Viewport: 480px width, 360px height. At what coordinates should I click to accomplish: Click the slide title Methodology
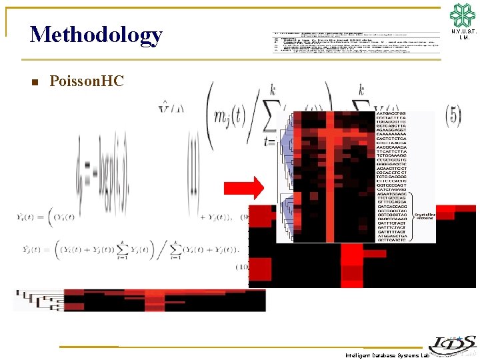click(x=96, y=35)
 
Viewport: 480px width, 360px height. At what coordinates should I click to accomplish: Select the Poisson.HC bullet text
click(x=87, y=81)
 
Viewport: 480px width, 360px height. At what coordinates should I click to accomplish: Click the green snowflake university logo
click(x=463, y=15)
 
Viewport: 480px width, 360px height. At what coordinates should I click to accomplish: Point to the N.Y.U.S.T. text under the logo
click(x=463, y=32)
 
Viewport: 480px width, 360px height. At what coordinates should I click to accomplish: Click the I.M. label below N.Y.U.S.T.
click(x=463, y=38)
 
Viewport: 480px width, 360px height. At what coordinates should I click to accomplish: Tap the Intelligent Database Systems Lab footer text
click(x=387, y=355)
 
